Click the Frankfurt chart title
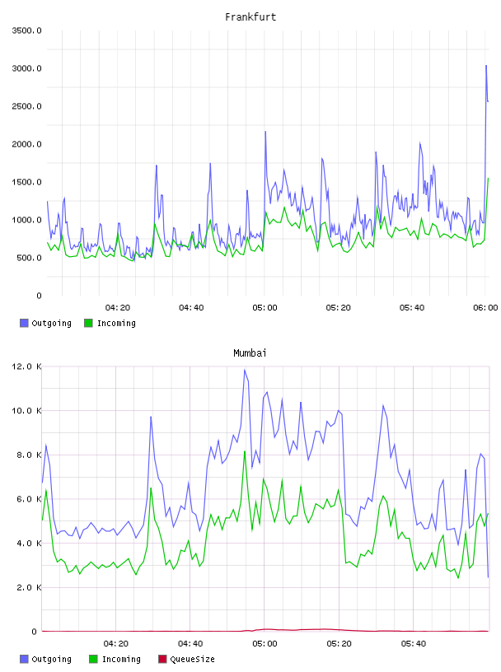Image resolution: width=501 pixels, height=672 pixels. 250,17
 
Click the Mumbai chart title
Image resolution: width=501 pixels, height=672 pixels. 250,353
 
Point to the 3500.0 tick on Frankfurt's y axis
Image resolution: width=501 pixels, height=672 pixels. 26,30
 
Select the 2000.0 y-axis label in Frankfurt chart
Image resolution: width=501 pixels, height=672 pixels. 26,144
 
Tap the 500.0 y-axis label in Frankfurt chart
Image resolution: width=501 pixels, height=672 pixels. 29,258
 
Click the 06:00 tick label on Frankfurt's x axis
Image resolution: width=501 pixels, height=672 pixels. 485,308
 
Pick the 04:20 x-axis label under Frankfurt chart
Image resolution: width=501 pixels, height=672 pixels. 118,308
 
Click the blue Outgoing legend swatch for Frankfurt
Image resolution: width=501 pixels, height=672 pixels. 24,323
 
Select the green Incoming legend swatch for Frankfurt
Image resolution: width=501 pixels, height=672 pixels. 88,323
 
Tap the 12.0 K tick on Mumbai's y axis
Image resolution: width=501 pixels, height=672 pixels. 26,366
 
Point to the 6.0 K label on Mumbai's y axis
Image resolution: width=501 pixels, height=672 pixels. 29,499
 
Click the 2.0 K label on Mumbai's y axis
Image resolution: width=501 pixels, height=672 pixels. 29,587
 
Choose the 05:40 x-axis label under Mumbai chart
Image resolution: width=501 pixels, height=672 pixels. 414,644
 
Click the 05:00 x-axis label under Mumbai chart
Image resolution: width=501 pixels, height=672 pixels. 265,644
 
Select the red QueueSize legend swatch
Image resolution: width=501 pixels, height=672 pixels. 162,659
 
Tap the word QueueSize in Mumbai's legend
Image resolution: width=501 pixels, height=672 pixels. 192,659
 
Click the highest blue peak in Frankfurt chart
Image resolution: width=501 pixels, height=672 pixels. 486,66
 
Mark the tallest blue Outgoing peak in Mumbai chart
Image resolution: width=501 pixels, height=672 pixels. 245,370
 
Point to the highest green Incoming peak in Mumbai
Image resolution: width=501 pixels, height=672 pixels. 245,450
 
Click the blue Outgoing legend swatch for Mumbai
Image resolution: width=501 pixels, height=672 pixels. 24,659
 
